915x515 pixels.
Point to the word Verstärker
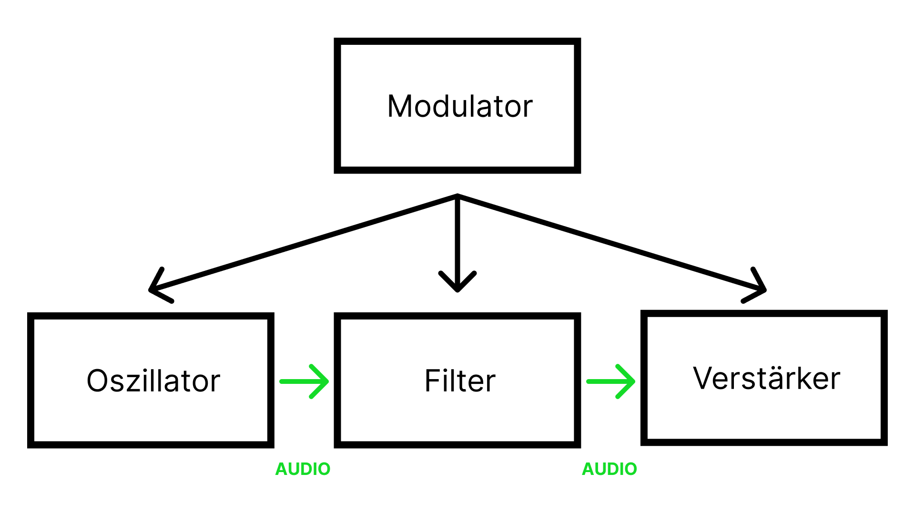click(x=766, y=378)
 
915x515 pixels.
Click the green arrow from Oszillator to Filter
click(x=305, y=381)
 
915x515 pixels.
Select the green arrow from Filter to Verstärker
click(x=611, y=381)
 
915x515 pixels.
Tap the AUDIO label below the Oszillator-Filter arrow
click(x=303, y=469)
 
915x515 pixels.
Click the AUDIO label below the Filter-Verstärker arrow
click(x=610, y=469)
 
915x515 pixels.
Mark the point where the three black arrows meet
click(x=457, y=196)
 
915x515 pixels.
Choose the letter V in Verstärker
click(x=703, y=378)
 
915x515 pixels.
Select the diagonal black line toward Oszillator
click(x=305, y=242)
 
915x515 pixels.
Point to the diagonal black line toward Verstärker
click(x=610, y=242)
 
